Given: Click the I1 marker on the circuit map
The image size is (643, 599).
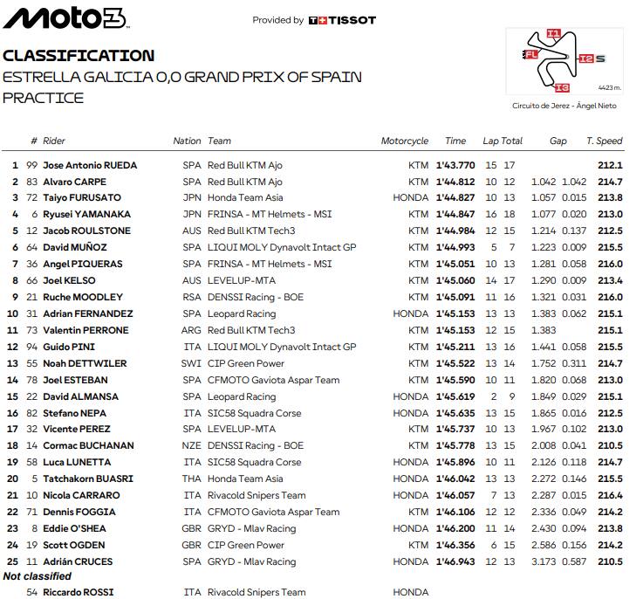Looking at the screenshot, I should coord(552,34).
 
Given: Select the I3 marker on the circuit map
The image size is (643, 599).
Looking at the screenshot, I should coord(563,86).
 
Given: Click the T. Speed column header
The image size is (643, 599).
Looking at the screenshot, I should coord(604,141).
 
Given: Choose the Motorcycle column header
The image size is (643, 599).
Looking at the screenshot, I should coord(404,141).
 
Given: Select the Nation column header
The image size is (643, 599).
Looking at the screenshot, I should coord(187,141).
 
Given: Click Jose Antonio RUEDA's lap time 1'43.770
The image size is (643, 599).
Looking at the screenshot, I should coord(455,165).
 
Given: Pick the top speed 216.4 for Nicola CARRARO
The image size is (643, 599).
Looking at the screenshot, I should coord(609,495).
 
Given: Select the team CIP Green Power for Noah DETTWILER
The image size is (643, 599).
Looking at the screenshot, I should coord(246,363).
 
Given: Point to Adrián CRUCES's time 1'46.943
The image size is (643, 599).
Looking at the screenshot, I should coord(455,561).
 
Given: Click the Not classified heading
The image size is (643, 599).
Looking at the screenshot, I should coord(38,576).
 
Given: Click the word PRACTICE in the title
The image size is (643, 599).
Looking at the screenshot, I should coord(44,98).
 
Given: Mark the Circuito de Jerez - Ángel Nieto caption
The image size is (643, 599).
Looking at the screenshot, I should coord(564,106).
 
